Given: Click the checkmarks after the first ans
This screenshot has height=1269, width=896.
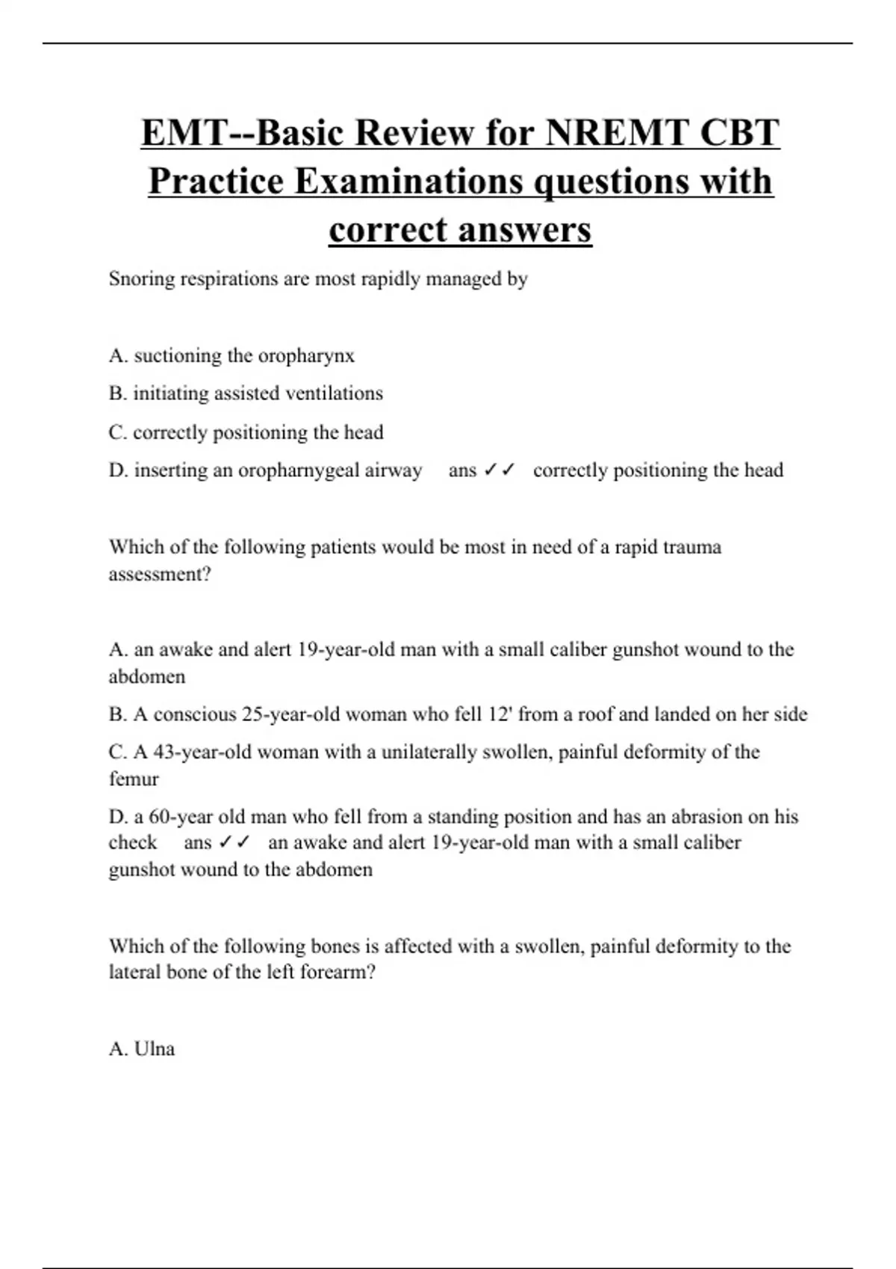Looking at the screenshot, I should tap(500, 470).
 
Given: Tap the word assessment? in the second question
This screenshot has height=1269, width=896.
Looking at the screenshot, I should tap(160, 574).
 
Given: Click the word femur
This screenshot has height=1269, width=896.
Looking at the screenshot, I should tap(134, 779).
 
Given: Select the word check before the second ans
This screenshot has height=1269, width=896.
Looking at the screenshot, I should tap(133, 843).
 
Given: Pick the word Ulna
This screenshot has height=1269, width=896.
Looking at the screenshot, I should tap(155, 1049).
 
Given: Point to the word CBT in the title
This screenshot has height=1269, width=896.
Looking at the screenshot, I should tap(739, 134).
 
